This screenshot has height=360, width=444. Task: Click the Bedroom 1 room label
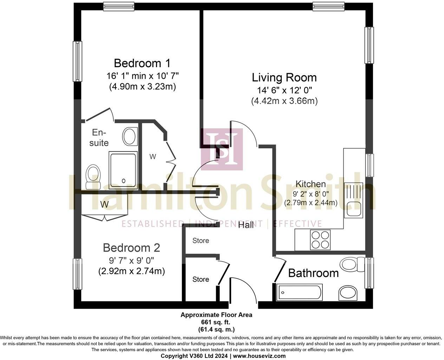coord(142,63)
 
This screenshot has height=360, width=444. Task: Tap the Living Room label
coord(284,78)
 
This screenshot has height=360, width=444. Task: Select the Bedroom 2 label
coord(131,248)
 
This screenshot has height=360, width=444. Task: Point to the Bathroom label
coord(313,273)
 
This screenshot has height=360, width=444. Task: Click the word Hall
coord(246,225)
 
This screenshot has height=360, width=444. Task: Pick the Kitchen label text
coord(311,184)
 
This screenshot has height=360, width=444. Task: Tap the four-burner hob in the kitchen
coord(320,240)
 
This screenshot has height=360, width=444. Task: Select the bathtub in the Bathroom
coord(299,292)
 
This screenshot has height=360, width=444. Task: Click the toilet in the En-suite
coord(93,177)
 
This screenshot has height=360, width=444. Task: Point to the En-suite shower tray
coord(123,171)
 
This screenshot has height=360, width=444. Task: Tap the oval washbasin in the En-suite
coord(130,137)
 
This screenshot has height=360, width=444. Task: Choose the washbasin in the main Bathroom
coord(348,293)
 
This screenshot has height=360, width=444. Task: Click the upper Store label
coord(201,240)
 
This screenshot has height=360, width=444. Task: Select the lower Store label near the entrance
coord(201,279)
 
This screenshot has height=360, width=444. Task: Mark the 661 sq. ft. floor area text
coord(216,322)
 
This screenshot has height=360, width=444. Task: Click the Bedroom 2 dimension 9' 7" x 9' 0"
coord(131,260)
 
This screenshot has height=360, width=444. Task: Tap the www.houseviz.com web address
coord(259,356)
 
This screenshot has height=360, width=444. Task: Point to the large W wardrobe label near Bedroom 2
coord(104,204)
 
